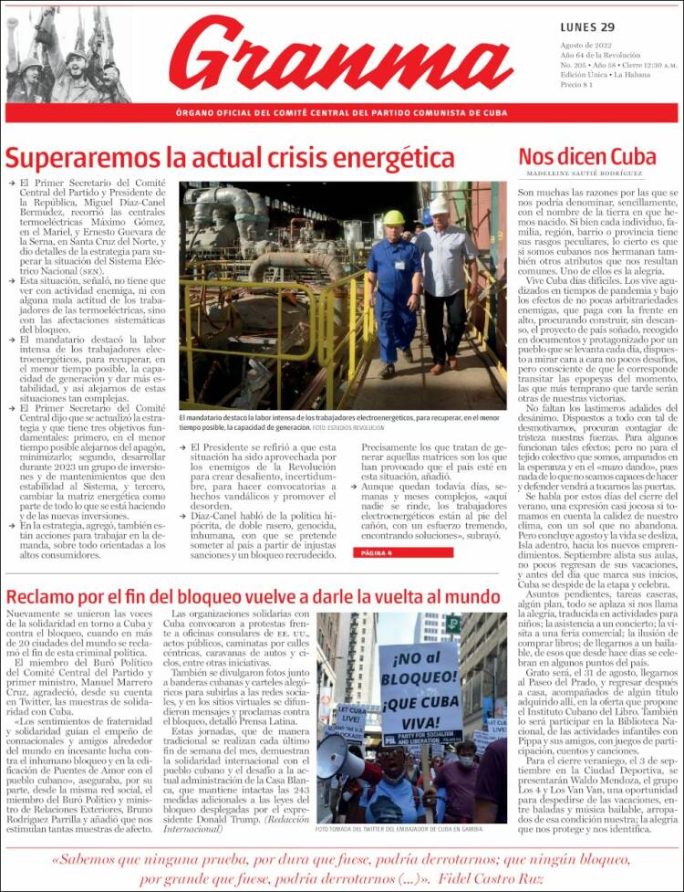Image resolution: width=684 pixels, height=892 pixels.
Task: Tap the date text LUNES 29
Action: point(594,26)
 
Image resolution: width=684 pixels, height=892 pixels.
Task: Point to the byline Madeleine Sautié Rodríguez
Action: point(580,173)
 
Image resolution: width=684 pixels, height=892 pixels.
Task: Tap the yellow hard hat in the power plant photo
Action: point(394,218)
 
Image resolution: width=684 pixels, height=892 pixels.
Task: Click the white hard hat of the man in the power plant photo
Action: point(440,205)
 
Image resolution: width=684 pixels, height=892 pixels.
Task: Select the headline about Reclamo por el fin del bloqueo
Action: point(253,597)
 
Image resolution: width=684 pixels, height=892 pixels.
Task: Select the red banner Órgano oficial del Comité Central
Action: point(342,113)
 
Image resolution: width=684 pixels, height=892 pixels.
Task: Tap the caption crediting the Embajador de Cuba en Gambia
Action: point(410,829)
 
